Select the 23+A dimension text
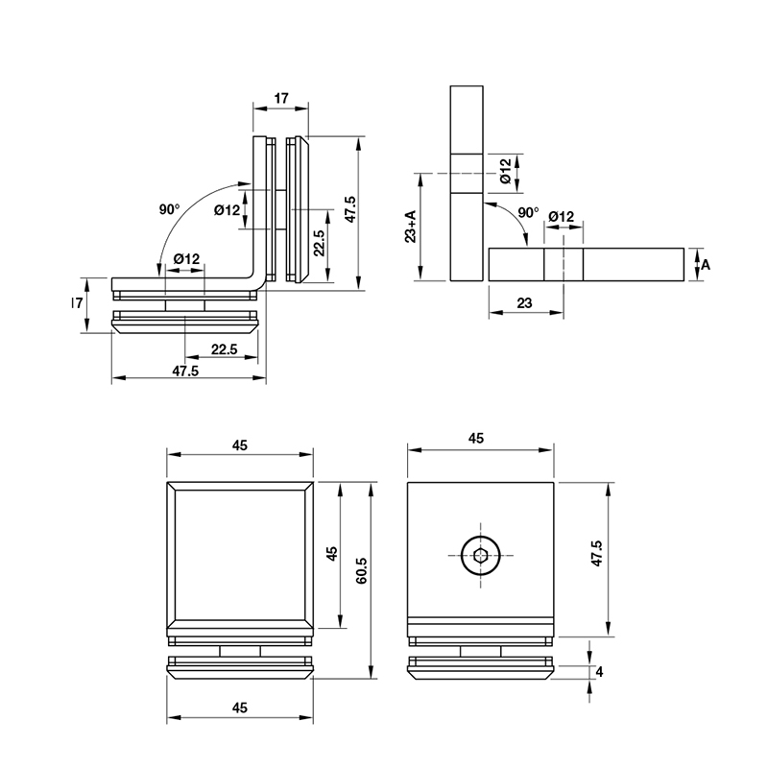[411, 227]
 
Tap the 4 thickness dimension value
[599, 672]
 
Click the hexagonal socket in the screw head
[481, 556]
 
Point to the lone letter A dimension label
[706, 265]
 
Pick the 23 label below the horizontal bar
[524, 303]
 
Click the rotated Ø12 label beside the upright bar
[506, 172]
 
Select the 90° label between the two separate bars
[528, 212]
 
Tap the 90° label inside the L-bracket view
[170, 209]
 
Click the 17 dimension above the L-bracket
[281, 99]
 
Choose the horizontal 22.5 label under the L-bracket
[225, 349]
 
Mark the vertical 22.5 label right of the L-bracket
[319, 243]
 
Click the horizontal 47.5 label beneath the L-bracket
[185, 372]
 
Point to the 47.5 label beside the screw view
[596, 554]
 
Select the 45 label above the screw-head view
[476, 439]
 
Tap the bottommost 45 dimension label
[239, 708]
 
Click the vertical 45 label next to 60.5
[332, 554]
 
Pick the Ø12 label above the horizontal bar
[562, 216]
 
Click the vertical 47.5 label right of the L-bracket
[350, 209]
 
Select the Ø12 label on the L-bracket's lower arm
[186, 258]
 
